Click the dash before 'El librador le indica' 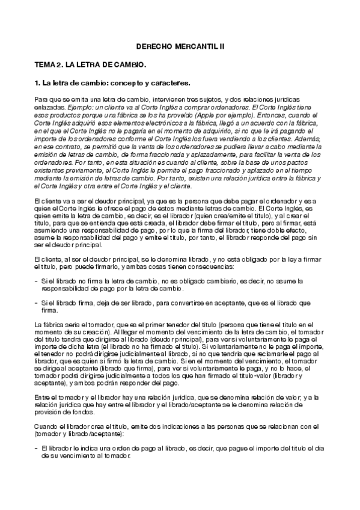36,448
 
